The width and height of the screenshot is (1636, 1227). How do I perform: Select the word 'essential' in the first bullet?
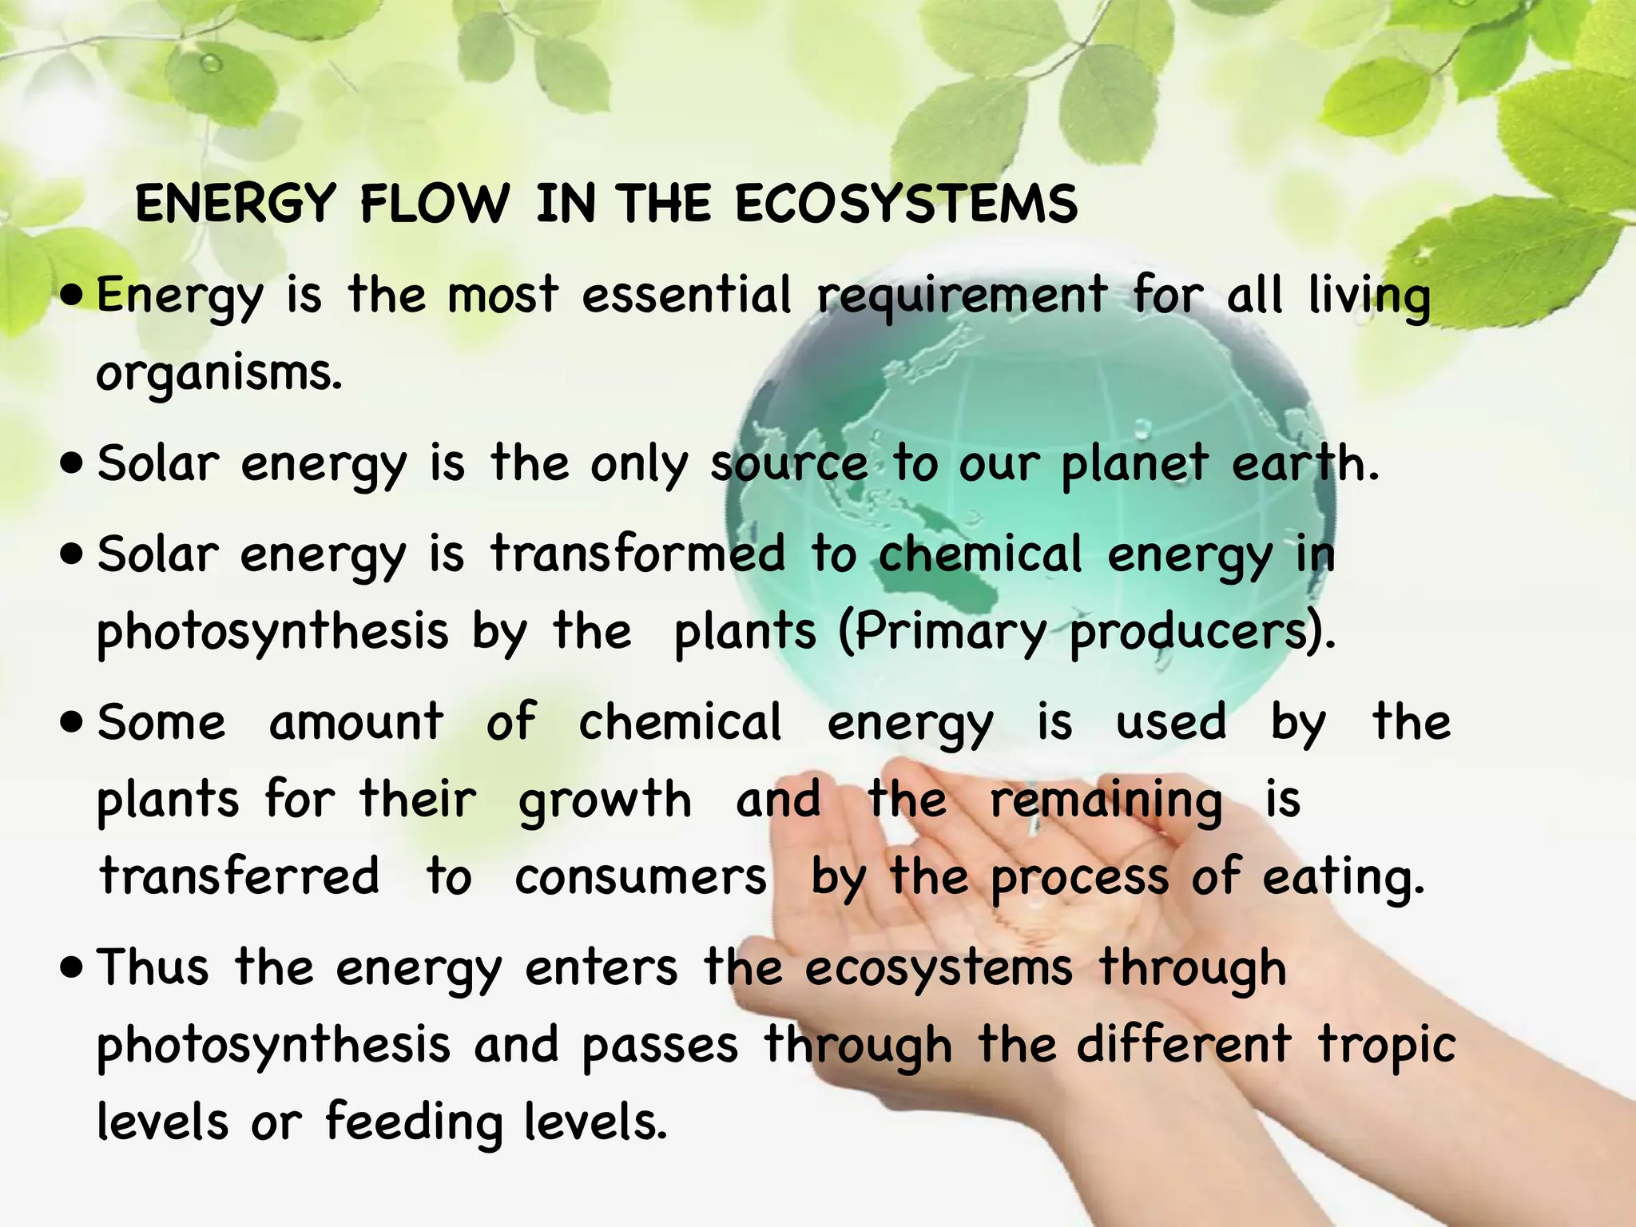(x=687, y=295)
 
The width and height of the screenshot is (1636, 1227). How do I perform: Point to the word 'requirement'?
(x=962, y=297)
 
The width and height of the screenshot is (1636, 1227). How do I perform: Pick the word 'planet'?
(x=1134, y=465)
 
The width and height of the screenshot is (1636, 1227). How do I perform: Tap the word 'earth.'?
(x=1305, y=463)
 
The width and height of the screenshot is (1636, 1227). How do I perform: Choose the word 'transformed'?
(x=637, y=554)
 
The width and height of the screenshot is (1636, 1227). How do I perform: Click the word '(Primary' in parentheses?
(x=942, y=633)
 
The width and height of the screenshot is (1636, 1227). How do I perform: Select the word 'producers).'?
(x=1202, y=633)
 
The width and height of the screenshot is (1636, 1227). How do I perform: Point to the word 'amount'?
(x=356, y=722)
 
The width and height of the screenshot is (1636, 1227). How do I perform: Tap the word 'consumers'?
(x=641, y=877)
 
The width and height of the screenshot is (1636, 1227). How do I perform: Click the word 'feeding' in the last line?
(x=414, y=1122)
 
